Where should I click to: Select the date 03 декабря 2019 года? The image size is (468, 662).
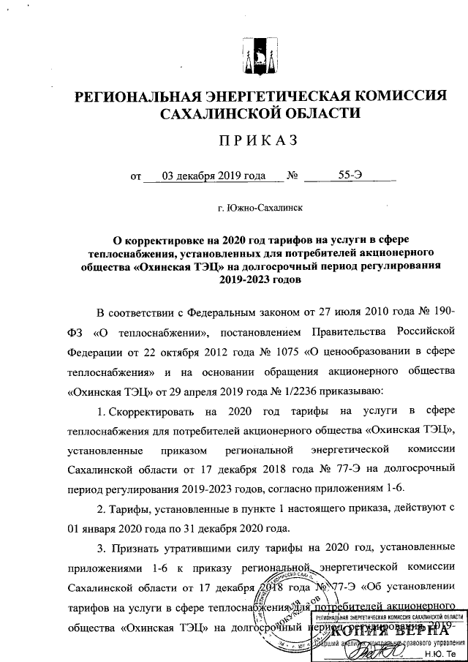[204, 176]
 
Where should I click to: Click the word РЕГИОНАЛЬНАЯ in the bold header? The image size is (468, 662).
[144, 97]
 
